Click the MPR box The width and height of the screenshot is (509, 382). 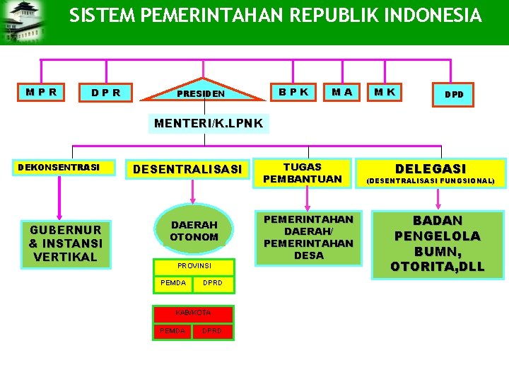click(42, 92)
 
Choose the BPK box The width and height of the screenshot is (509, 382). click(293, 92)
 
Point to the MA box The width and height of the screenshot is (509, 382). click(343, 92)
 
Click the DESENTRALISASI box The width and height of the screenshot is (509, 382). click(187, 169)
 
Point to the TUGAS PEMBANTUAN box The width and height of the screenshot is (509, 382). click(303, 173)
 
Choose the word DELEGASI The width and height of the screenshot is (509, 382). click(431, 168)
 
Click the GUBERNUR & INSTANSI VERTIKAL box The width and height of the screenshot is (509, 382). click(66, 243)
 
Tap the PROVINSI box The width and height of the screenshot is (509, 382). click(194, 265)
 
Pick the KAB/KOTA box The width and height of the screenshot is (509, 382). click(193, 312)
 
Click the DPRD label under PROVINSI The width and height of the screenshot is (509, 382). click(213, 284)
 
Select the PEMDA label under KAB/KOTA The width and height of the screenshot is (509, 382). click(172, 330)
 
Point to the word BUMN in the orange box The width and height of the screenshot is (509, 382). click(438, 251)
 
